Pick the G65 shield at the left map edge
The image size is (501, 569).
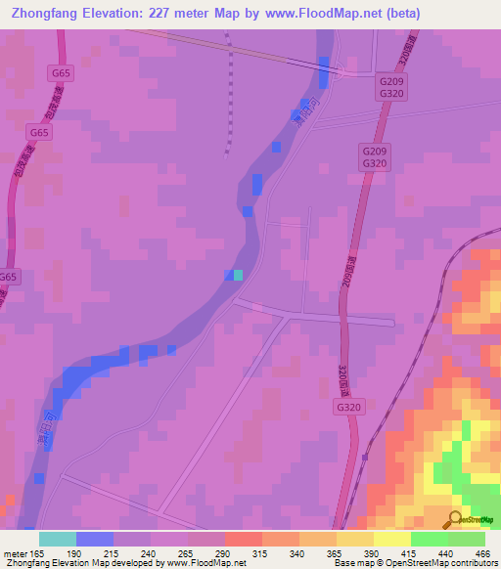(x=9, y=277)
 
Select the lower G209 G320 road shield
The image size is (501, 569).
(x=375, y=158)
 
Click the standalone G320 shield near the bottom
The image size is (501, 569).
(x=349, y=406)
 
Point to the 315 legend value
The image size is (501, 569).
(x=259, y=552)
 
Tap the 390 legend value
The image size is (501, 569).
(x=370, y=552)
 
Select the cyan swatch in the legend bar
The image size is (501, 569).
(x=58, y=539)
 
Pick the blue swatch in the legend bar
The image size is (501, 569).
(x=95, y=539)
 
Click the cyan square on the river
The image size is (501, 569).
(x=238, y=276)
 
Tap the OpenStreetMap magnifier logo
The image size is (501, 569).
(x=456, y=519)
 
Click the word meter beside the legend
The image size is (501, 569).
(x=14, y=552)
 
